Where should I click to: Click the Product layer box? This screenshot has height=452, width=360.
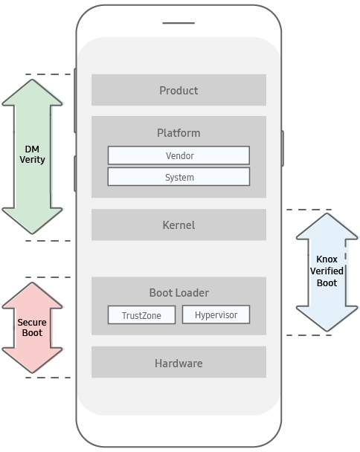tap(179, 90)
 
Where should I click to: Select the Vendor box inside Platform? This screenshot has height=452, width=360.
tap(179, 155)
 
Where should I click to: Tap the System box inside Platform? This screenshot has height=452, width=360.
tap(179, 177)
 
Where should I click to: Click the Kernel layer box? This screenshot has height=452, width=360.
tap(179, 225)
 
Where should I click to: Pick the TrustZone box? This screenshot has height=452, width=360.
tap(141, 314)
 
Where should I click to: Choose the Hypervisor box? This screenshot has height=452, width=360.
tap(216, 314)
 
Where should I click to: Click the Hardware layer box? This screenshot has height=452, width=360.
tap(179, 362)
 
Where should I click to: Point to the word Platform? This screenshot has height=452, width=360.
tap(179, 133)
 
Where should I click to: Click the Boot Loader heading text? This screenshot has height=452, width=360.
tap(179, 293)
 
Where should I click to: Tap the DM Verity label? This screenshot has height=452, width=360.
tap(32, 154)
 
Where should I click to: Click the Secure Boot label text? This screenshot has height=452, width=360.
tap(32, 327)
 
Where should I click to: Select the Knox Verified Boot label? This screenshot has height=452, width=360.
tap(327, 271)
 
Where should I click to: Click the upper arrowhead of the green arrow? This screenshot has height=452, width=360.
tap(32, 92)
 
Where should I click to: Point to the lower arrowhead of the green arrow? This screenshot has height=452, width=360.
tap(32, 221)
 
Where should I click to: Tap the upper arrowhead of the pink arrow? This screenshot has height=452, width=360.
tap(32, 295)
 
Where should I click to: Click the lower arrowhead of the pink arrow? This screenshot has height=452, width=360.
tap(32, 361)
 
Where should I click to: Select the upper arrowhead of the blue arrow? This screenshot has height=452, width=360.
tap(327, 226)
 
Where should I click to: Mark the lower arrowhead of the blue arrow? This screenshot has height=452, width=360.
tap(327, 318)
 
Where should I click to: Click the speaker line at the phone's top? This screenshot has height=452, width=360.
tap(179, 23)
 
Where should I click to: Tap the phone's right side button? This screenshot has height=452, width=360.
tap(283, 148)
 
